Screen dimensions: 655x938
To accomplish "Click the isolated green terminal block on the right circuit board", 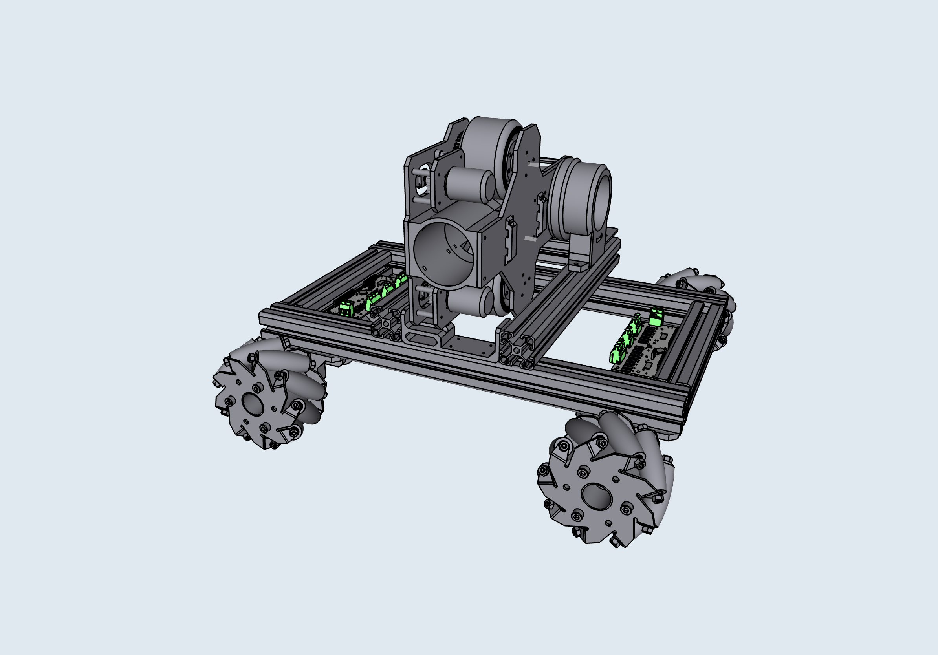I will [656, 317].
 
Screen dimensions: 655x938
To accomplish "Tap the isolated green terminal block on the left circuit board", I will [346, 308].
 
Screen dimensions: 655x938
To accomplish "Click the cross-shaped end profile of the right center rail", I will [516, 349].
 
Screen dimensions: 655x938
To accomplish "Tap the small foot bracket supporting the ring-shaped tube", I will [580, 262].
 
